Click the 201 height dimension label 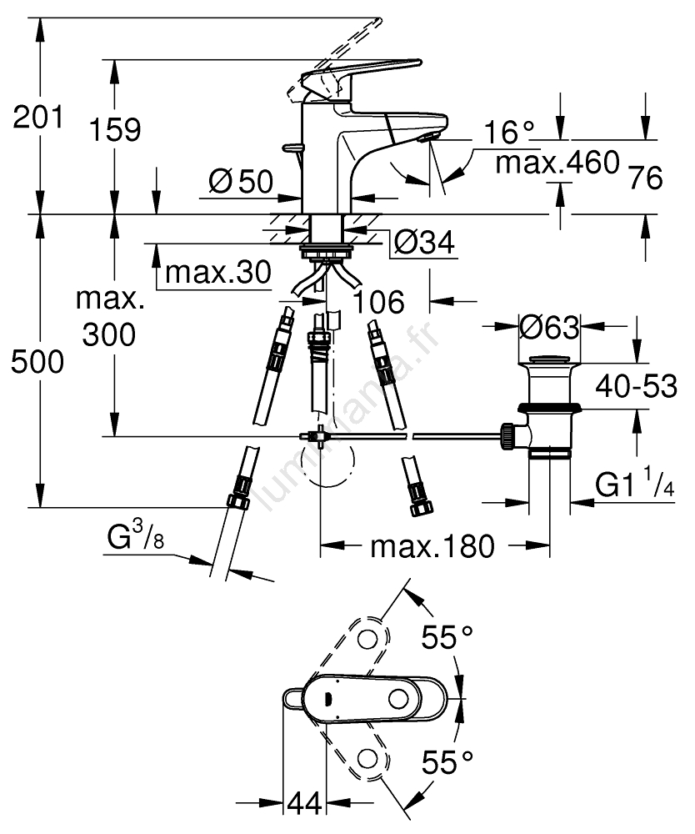coord(37,118)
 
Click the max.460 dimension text coord(557,162)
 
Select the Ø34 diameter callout coord(422,243)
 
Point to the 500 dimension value coord(37,362)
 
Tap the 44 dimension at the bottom coord(305,805)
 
